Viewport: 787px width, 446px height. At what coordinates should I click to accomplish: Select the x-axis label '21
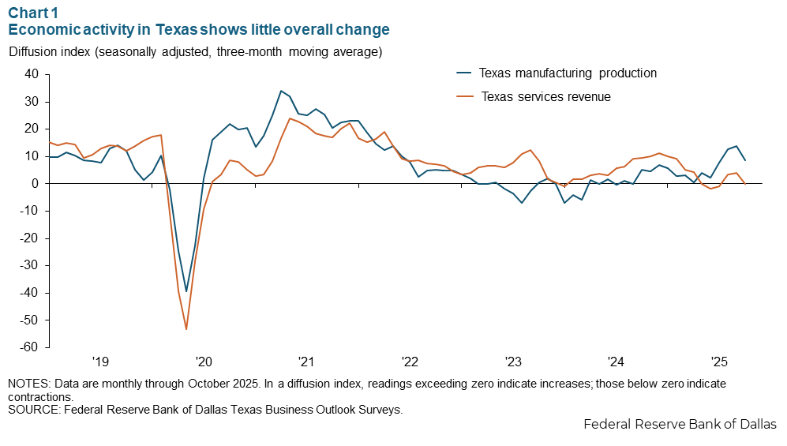[306, 362]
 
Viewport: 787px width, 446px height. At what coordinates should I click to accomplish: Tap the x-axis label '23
[513, 362]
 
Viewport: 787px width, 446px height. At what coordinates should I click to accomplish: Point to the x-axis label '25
[719, 362]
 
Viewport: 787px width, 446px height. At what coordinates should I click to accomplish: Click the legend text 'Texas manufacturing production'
[568, 73]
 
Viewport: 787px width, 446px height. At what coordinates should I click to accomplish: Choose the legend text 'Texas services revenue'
[546, 97]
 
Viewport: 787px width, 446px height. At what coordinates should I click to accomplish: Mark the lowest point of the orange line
[186, 329]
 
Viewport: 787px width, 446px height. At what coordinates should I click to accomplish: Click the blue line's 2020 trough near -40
[186, 291]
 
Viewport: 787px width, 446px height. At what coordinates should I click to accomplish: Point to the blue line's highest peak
[281, 91]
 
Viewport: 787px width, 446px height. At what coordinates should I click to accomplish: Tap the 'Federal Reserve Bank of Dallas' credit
[680, 425]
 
